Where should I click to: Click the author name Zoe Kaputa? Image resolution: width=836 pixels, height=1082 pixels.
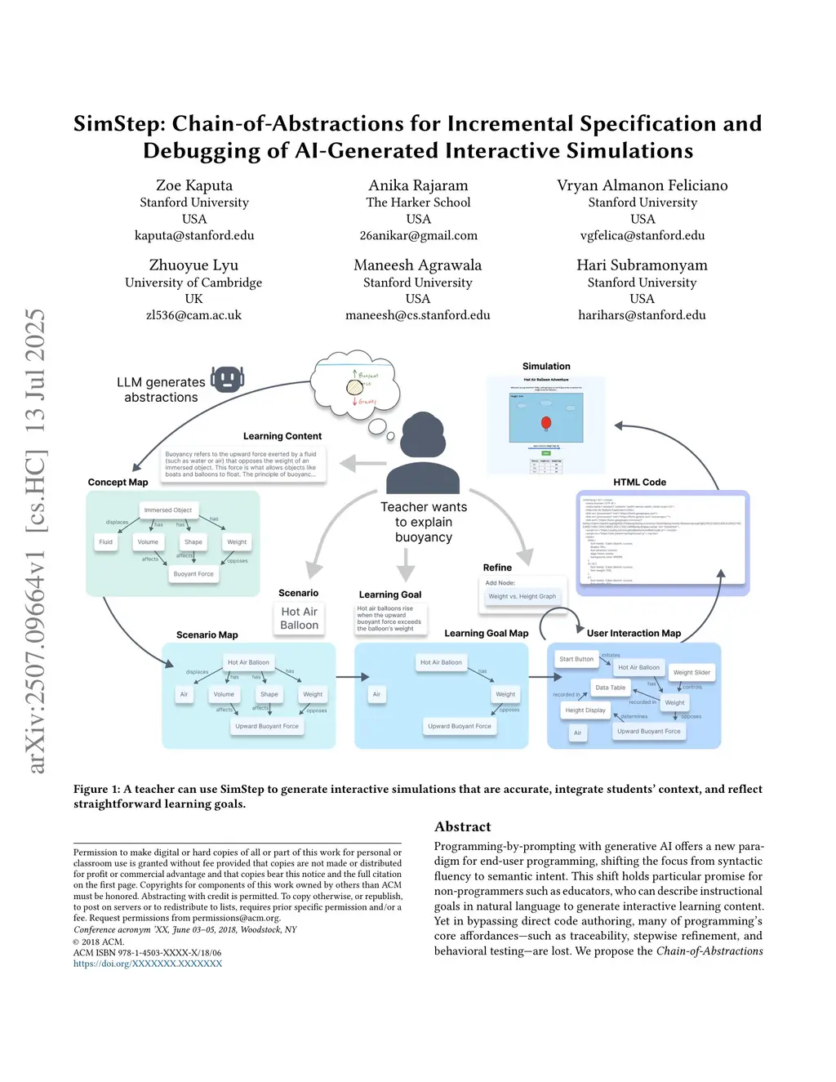point(194,185)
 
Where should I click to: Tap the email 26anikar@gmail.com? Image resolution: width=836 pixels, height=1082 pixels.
point(418,235)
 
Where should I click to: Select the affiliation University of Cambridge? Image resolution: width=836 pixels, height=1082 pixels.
point(193,283)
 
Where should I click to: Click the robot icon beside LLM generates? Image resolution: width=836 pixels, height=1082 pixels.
point(227,379)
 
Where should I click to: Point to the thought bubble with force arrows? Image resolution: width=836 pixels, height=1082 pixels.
point(357,383)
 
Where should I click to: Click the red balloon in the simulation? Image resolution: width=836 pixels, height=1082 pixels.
point(546,422)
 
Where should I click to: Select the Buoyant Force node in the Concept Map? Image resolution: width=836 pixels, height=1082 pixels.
point(193,574)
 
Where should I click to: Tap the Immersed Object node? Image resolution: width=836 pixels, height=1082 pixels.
point(168,510)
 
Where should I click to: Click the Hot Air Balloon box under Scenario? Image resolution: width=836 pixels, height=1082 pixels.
point(300,618)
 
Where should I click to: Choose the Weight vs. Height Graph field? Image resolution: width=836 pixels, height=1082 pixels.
point(522,596)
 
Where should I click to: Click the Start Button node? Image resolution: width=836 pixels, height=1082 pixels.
point(576,659)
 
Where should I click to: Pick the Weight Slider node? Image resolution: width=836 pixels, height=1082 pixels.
point(691,672)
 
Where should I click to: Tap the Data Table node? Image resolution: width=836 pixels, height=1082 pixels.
point(610,688)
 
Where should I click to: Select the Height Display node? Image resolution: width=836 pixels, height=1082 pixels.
point(585,710)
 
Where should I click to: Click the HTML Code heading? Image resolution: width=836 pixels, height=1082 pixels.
point(639,483)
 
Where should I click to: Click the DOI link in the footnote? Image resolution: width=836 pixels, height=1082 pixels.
point(148,964)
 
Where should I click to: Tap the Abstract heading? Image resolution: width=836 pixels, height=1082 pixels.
point(463,826)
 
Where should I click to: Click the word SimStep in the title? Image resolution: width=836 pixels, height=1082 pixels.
point(118,123)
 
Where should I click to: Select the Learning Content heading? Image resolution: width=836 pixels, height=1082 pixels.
point(282,436)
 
